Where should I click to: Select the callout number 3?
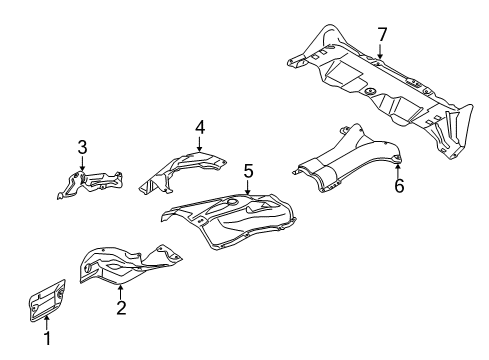pyautogui.click(x=82, y=148)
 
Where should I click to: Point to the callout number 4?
pyautogui.click(x=199, y=127)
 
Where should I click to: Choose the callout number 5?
pyautogui.click(x=248, y=170)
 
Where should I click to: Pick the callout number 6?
pyautogui.click(x=397, y=185)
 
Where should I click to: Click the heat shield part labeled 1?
pyautogui.click(x=45, y=299)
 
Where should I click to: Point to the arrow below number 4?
pyautogui.click(x=199, y=142)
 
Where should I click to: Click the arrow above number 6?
pyautogui.click(x=397, y=168)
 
